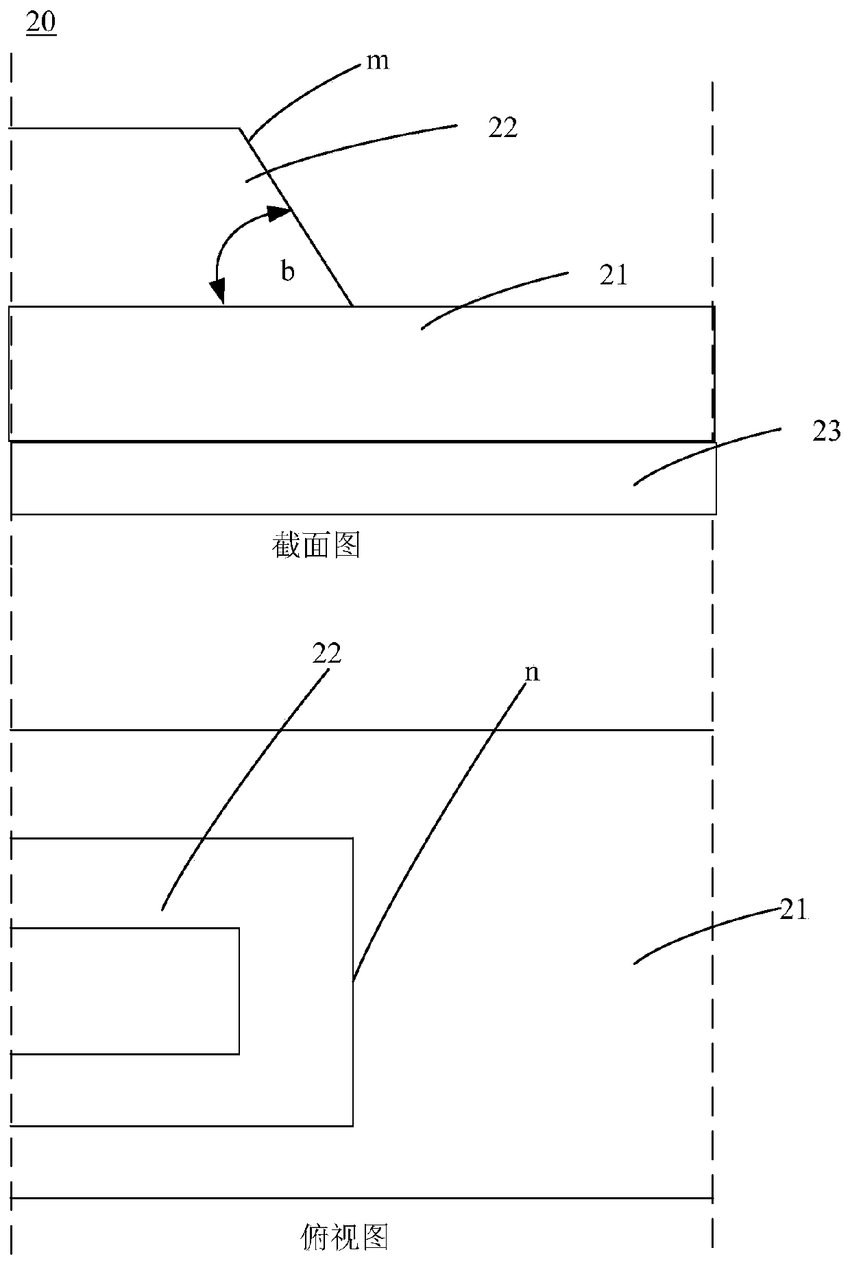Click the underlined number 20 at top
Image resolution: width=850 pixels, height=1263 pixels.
41,23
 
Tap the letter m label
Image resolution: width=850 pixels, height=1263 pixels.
378,62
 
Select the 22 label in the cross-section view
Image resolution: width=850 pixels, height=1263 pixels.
502,128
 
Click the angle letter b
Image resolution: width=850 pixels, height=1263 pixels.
289,272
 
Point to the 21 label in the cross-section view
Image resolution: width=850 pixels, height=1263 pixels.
613,275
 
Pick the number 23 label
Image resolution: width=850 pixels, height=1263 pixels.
825,432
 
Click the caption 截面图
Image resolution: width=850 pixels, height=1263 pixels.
316,546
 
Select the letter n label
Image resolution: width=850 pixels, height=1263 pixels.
532,673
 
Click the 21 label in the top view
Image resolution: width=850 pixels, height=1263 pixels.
794,910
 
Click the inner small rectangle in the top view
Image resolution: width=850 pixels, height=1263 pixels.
123,990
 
